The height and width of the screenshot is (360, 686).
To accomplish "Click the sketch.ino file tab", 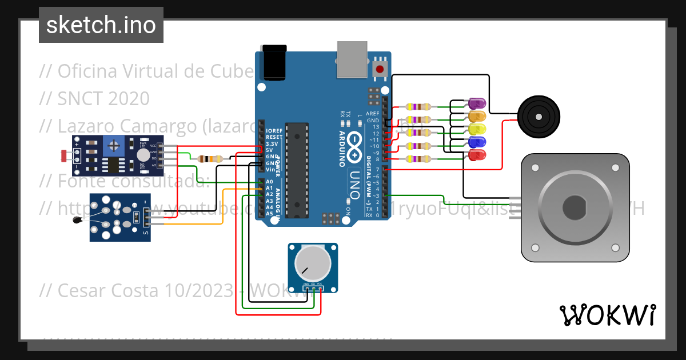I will point(101,25).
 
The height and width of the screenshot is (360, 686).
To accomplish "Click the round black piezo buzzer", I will point(538,116).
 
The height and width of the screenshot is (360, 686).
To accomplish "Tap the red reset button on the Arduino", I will point(379,70).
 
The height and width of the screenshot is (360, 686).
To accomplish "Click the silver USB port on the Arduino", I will point(352,59).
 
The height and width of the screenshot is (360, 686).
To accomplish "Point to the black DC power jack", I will point(273,62).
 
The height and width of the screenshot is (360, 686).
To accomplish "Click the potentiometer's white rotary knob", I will point(312,263).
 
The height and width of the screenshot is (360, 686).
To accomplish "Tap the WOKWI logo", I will point(607,315).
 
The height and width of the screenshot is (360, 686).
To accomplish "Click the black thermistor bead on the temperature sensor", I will point(76,221).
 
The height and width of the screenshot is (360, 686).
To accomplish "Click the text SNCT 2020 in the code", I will point(103,98).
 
